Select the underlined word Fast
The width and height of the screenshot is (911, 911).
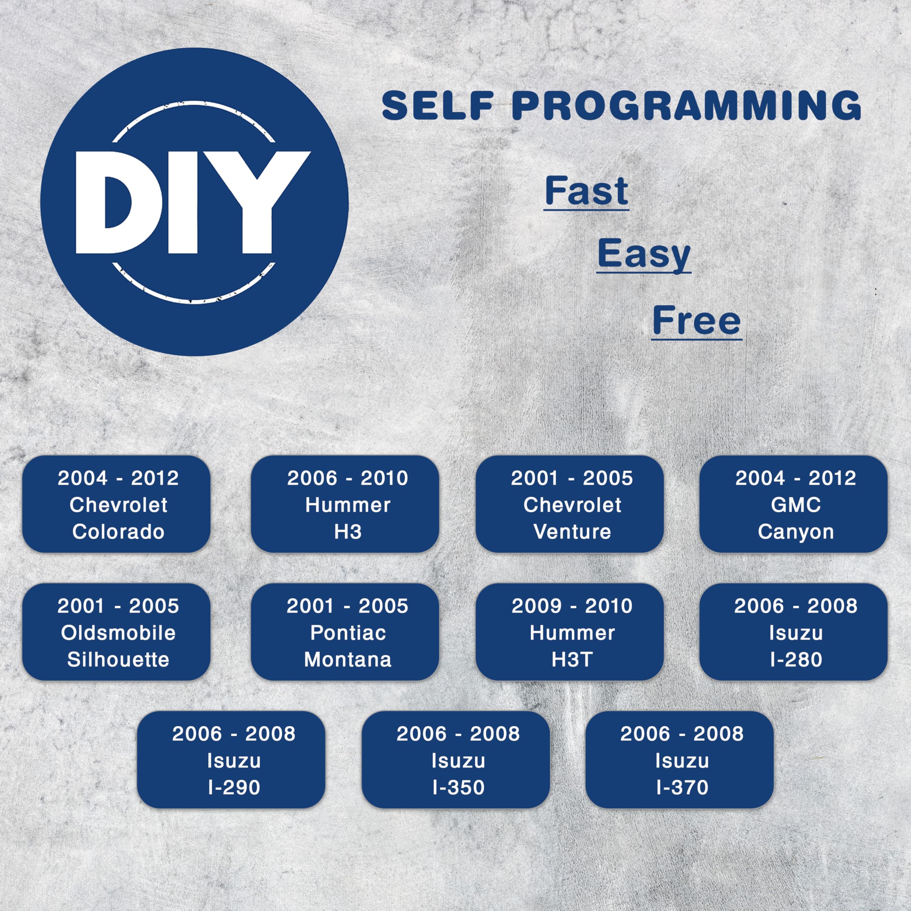point(586,191)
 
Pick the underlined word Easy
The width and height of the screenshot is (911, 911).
point(644,255)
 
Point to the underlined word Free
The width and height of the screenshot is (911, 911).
point(696,321)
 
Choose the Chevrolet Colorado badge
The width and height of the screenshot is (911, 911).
point(116,504)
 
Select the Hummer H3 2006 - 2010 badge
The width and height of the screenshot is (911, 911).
point(345,504)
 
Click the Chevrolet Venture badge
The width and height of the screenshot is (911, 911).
point(570,504)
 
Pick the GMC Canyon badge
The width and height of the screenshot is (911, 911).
point(794,504)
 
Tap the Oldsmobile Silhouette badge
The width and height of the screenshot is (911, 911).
point(116,632)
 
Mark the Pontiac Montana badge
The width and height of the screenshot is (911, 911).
point(345,632)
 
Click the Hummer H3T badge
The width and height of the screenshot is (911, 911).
point(570,632)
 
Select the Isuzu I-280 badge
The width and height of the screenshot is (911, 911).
point(794,632)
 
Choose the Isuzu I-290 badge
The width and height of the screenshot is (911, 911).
point(231,760)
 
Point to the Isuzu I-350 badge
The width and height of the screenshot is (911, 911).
point(455,760)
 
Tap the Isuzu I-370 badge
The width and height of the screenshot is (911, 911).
point(679,760)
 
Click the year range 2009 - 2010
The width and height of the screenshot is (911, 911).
point(572,606)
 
